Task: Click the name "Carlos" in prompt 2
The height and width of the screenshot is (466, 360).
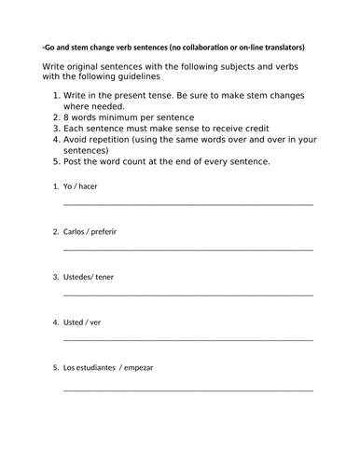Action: coord(76,230)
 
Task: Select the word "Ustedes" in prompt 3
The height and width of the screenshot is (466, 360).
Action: coord(78,276)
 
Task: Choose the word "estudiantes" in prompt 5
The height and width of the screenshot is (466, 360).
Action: coord(97,367)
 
